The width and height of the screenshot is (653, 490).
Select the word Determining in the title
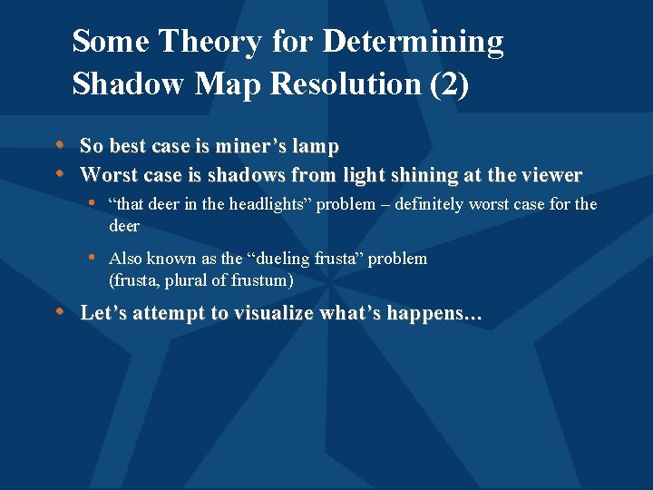tap(413, 42)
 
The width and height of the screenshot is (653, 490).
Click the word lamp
tap(320, 146)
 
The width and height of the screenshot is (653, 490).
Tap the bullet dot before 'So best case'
tap(60, 145)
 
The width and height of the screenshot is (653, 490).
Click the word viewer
tap(552, 174)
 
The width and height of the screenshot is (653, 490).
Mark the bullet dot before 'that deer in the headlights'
tap(94, 203)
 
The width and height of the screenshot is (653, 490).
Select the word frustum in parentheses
tap(262, 280)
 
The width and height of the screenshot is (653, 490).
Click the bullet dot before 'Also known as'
tap(94, 258)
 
